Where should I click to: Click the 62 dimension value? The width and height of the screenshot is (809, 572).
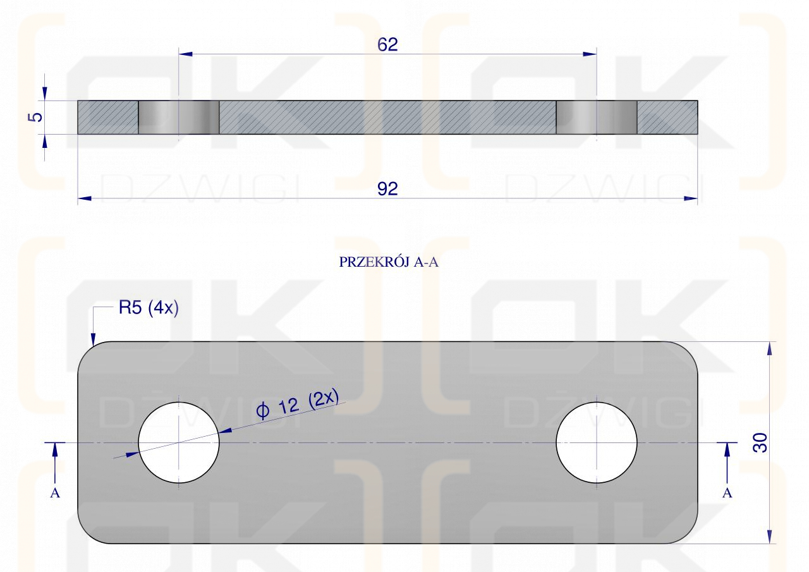[387, 44]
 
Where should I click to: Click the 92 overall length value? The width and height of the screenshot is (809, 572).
[387, 189]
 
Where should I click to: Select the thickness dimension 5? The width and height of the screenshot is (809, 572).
[35, 117]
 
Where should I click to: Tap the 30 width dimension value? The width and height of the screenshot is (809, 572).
[760, 442]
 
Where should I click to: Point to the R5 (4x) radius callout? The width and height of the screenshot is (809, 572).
[149, 308]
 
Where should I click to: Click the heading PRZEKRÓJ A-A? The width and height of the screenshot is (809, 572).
[389, 262]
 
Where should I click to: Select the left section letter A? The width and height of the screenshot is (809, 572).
[55, 493]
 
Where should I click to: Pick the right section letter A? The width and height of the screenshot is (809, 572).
[727, 493]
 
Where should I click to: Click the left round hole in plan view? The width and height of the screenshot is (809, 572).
[179, 442]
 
